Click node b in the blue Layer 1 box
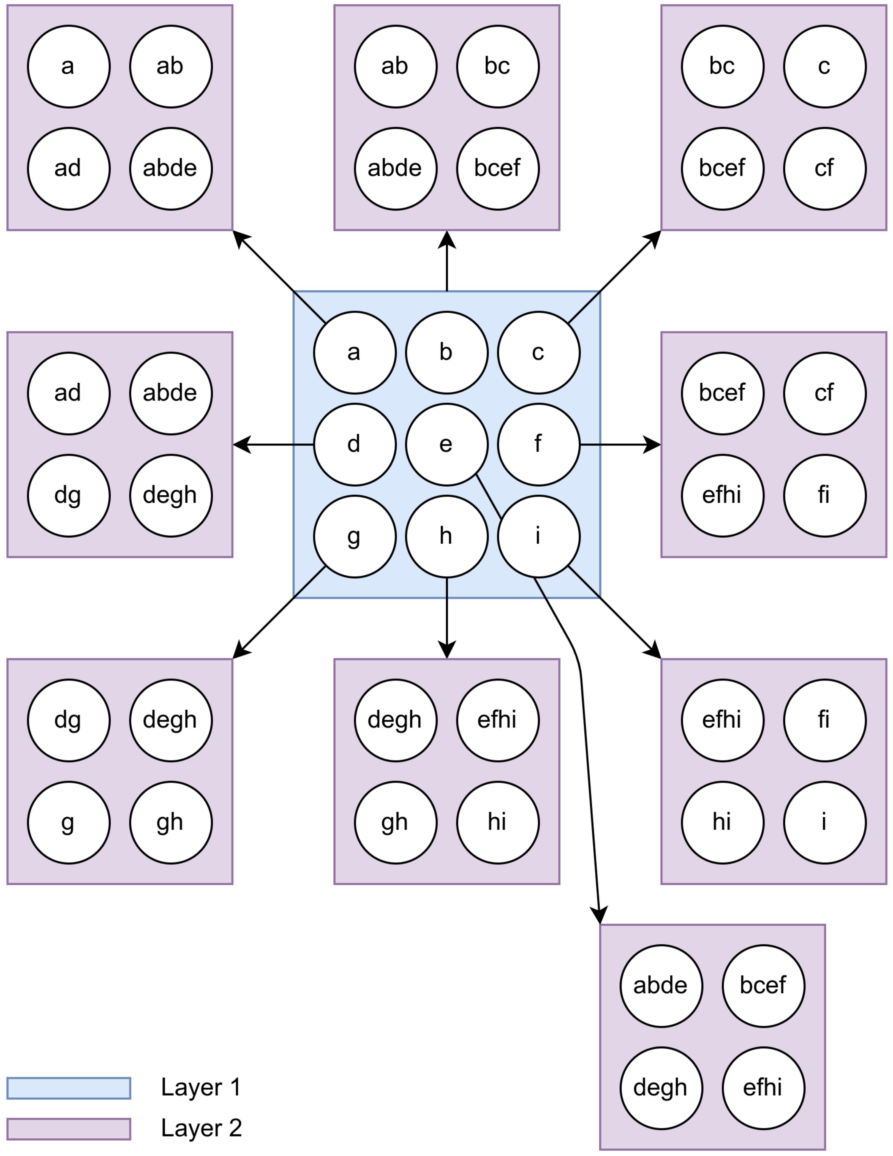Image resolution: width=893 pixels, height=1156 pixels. (446, 353)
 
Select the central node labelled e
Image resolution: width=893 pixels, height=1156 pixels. (446, 445)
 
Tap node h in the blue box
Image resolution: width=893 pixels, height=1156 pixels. (446, 536)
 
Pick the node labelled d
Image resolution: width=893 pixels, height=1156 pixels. (354, 445)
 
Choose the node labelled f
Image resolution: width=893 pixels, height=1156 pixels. (538, 445)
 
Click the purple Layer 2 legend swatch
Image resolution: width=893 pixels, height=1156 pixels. (69, 1128)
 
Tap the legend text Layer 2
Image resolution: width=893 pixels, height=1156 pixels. (201, 1128)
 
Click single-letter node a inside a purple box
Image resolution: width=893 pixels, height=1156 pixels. (69, 67)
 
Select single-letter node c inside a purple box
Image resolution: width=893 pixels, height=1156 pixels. (824, 67)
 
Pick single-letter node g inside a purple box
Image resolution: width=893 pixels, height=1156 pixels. (69, 822)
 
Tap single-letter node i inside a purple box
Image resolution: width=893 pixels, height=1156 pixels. (824, 822)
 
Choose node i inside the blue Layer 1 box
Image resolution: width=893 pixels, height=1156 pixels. (538, 536)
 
